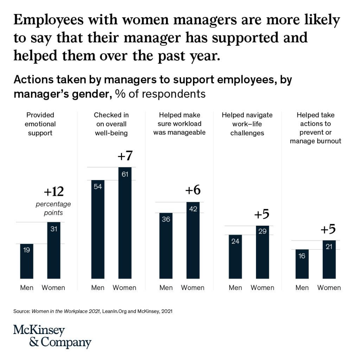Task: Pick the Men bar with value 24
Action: pyautogui.click(x=235, y=257)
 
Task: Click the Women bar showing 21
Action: pyautogui.click(x=329, y=260)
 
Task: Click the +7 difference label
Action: pyautogui.click(x=125, y=156)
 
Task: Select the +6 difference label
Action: pyautogui.click(x=193, y=190)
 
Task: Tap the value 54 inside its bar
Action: pyautogui.click(x=98, y=187)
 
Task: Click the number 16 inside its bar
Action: pyautogui.click(x=302, y=256)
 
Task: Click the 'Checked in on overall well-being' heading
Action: pyautogui.click(x=111, y=124)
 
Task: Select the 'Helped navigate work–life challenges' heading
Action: pyautogui.click(x=247, y=124)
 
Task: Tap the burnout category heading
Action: pyautogui.click(x=315, y=128)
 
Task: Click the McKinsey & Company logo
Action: pyautogui.click(x=52, y=336)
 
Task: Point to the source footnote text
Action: pyautogui.click(x=93, y=311)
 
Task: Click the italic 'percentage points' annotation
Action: pyautogui.click(x=53, y=208)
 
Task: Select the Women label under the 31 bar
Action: pyautogui.click(x=53, y=288)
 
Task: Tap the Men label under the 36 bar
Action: pyautogui.click(x=166, y=288)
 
